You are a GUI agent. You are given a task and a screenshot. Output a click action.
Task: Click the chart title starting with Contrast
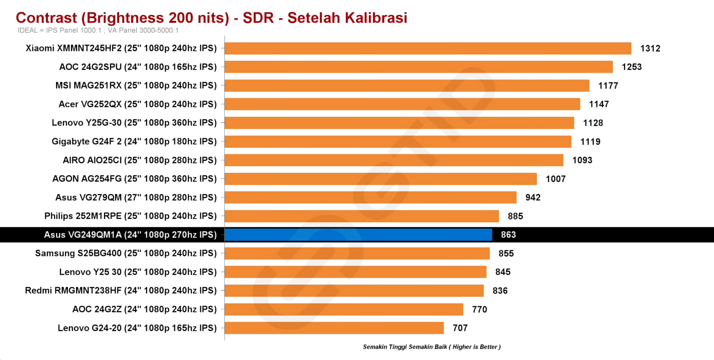point(211,18)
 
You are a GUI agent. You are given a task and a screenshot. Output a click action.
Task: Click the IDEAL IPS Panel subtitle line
point(98,30)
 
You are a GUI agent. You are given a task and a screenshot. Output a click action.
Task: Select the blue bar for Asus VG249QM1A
point(358,235)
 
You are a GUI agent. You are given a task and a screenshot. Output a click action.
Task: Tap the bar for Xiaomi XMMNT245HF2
point(428,48)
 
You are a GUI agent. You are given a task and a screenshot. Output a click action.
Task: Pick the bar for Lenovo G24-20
point(334,328)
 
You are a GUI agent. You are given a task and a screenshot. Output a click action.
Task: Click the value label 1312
point(650,48)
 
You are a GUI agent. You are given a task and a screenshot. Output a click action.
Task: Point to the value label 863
point(508,235)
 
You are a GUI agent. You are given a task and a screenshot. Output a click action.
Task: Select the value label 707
point(460,328)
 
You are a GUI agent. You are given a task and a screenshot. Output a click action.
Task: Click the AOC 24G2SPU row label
point(138,67)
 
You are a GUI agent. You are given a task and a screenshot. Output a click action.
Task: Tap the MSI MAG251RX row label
point(136,85)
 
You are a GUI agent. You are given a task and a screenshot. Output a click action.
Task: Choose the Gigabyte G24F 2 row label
point(134,142)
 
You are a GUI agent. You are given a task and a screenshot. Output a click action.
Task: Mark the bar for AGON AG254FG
point(381,179)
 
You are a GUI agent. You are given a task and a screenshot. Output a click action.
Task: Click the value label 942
point(533,198)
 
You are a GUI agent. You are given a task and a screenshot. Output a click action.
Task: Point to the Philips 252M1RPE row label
point(130,216)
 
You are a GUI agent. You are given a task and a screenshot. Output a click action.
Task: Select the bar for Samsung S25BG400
point(357,253)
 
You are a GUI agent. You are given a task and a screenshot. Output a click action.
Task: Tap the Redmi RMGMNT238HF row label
point(121,291)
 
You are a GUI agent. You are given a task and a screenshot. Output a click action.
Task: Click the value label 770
point(479,310)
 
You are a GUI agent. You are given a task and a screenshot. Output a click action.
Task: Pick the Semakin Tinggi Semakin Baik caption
point(431,347)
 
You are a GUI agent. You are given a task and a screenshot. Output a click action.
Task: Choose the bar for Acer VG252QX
point(402,104)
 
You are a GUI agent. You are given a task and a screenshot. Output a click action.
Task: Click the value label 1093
point(582,160)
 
